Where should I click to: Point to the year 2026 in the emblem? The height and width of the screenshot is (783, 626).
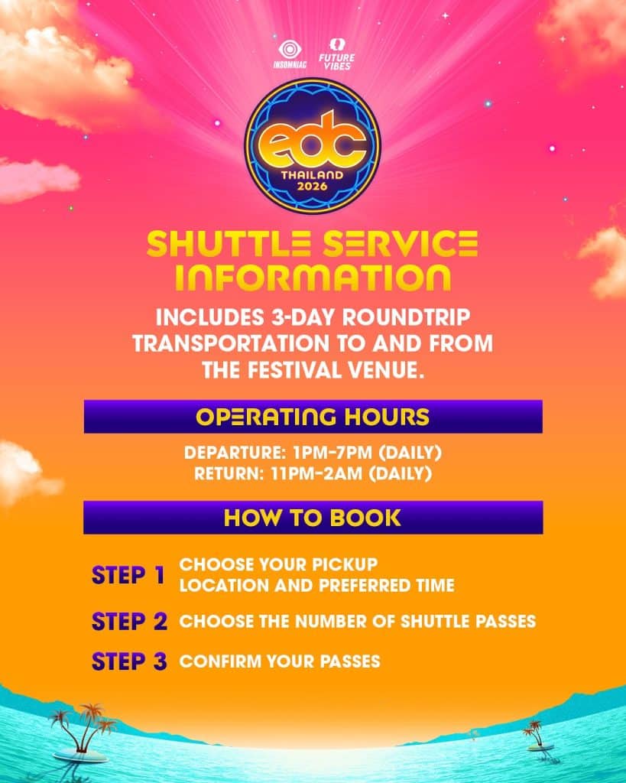pos(313,186)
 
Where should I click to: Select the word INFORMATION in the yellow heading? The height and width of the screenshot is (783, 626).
pos(313,277)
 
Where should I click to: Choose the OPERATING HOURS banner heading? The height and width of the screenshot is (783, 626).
pos(313,417)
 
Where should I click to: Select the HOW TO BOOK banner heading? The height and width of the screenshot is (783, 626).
pos(313,518)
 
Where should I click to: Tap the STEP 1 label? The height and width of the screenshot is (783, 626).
pos(128,575)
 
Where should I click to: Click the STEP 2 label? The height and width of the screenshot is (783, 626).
pos(129,621)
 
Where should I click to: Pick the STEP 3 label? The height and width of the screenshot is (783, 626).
pos(129,661)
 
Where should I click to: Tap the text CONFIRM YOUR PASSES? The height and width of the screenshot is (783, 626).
pos(280,661)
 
